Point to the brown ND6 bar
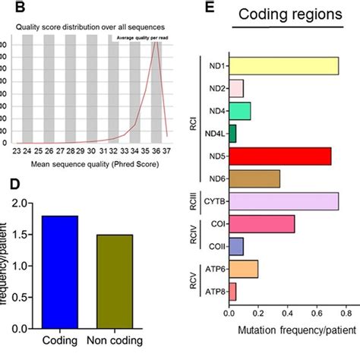(254, 179)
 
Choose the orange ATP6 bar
(244, 269)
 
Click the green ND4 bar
(240, 112)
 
